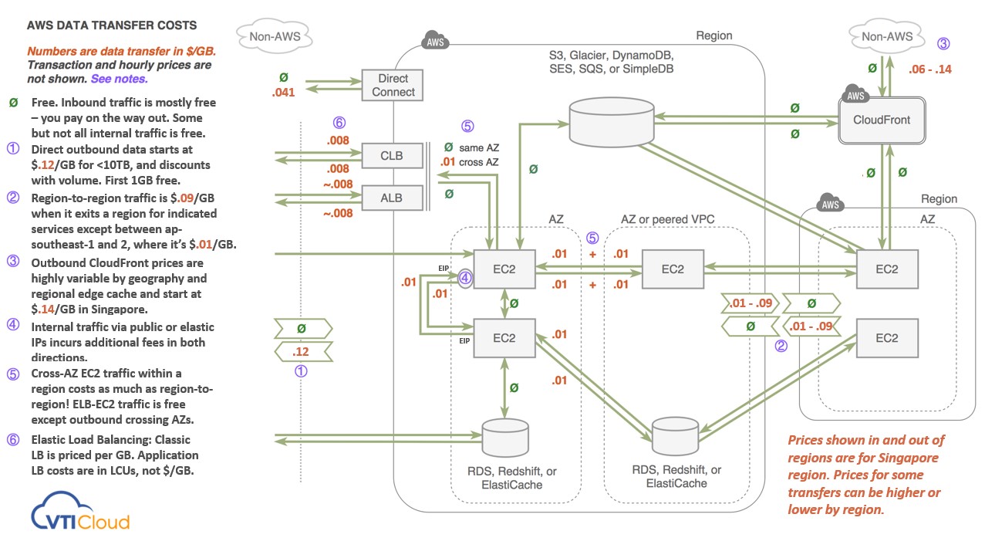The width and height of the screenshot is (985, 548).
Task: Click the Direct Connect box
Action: click(393, 86)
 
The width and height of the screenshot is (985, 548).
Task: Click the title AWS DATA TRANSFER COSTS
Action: click(111, 25)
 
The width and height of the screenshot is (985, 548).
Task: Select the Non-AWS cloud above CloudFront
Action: click(886, 36)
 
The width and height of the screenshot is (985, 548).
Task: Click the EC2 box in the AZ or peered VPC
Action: click(672, 269)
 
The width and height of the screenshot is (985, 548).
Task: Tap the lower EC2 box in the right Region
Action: click(887, 338)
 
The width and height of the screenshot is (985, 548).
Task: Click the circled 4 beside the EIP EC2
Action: click(466, 278)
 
